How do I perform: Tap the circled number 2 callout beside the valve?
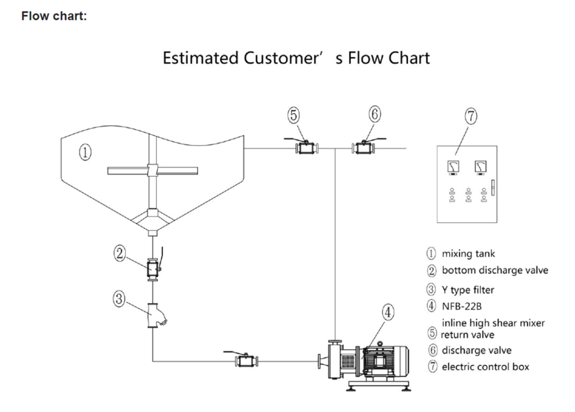click(x=119, y=254)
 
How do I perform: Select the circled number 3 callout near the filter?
click(x=119, y=299)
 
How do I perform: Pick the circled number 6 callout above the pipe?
click(x=375, y=115)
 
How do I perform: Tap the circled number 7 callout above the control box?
click(x=471, y=117)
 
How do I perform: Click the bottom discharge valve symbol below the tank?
click(x=152, y=269)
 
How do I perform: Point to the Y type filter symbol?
click(x=154, y=315)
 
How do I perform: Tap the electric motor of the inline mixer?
click(x=387, y=359)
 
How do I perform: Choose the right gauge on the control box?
click(x=480, y=167)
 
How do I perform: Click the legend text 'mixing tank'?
click(x=468, y=254)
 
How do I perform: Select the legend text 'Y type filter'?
click(x=468, y=290)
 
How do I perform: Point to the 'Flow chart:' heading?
click(x=54, y=16)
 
